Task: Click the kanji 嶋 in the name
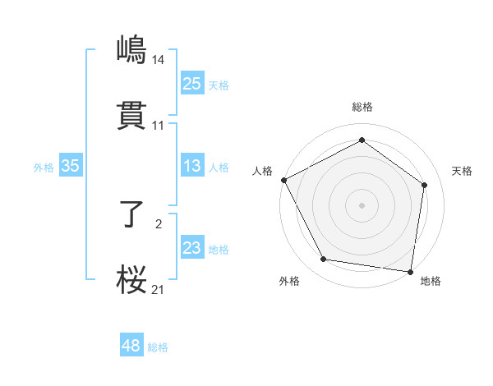[x=132, y=48]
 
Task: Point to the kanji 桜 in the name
[x=132, y=280]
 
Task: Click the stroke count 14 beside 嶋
[x=159, y=59]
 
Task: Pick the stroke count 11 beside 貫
[x=159, y=126]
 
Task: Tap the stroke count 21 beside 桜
[x=159, y=290]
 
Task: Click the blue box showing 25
[x=191, y=83]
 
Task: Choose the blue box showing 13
[x=191, y=166]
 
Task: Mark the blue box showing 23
[x=191, y=248]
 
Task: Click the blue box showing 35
[x=71, y=166]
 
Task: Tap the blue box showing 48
[x=131, y=346]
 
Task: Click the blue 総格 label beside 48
[x=158, y=347]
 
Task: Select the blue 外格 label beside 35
[x=44, y=168]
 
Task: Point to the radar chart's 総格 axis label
[x=362, y=107]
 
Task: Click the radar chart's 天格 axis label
[x=463, y=171]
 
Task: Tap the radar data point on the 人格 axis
[x=283, y=180]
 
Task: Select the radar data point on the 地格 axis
[x=411, y=271]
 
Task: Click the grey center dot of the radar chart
[x=362, y=204]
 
